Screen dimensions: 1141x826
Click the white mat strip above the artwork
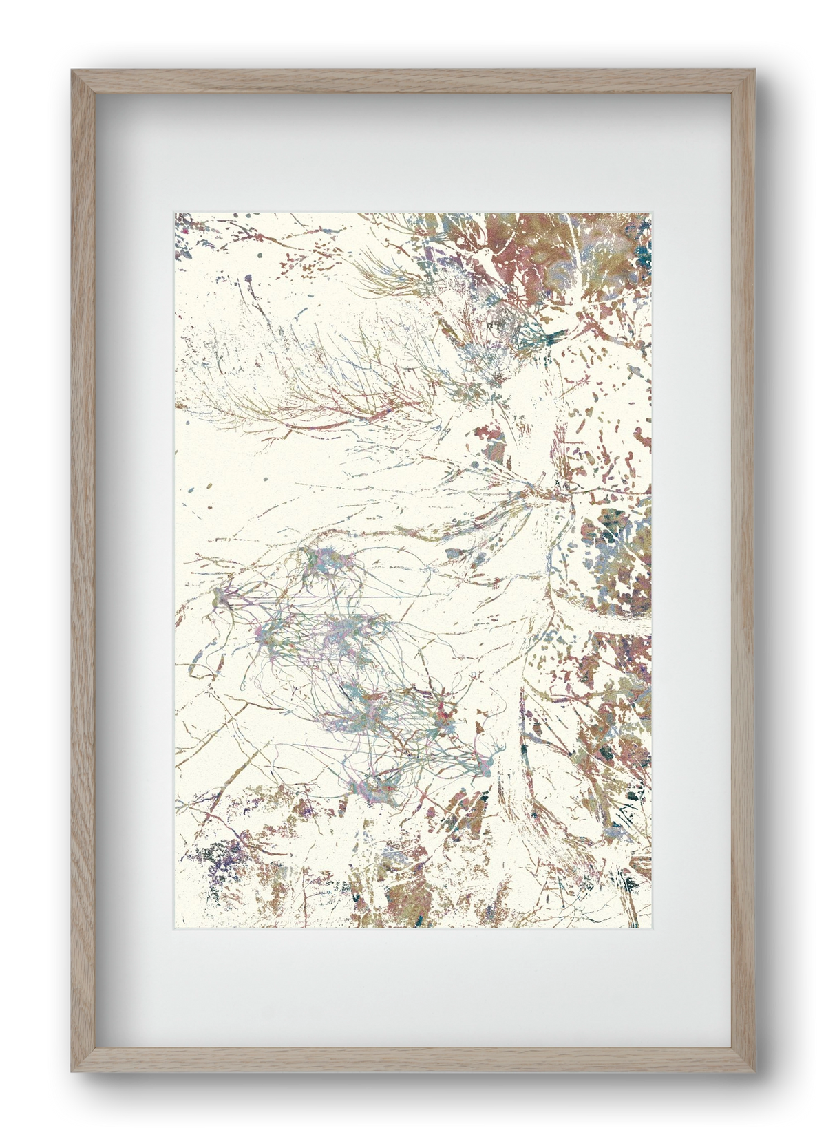413,151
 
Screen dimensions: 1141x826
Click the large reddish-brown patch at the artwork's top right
551,241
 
